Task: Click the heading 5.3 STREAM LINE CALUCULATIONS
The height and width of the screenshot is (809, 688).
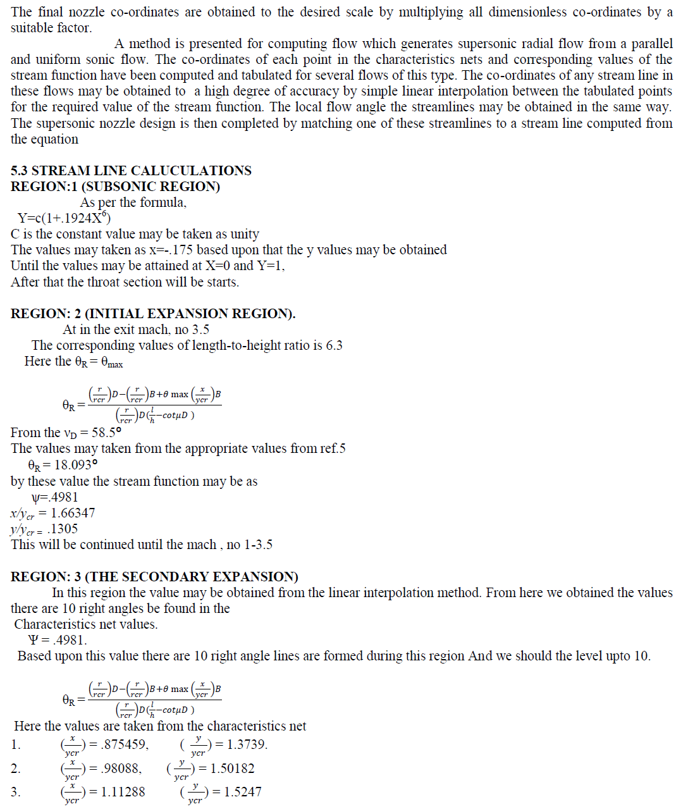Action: pos(131,171)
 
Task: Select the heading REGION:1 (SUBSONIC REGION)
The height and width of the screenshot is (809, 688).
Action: pos(115,187)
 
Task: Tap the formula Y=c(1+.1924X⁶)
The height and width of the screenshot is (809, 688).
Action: pos(64,218)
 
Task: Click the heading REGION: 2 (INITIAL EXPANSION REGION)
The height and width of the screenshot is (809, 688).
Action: pos(152,314)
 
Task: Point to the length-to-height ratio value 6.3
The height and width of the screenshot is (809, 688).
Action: pos(333,345)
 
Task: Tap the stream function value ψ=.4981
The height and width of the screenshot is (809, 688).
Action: pos(54,497)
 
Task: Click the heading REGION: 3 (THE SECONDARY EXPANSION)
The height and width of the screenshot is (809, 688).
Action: pos(154,577)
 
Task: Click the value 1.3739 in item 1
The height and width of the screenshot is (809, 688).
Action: pos(247,744)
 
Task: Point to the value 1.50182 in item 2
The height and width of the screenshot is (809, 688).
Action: pos(232,769)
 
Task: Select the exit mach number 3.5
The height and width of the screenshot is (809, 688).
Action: pos(200,330)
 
